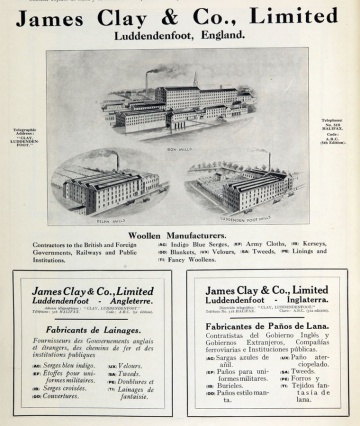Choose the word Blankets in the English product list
pyautogui.click(x=184, y=252)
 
